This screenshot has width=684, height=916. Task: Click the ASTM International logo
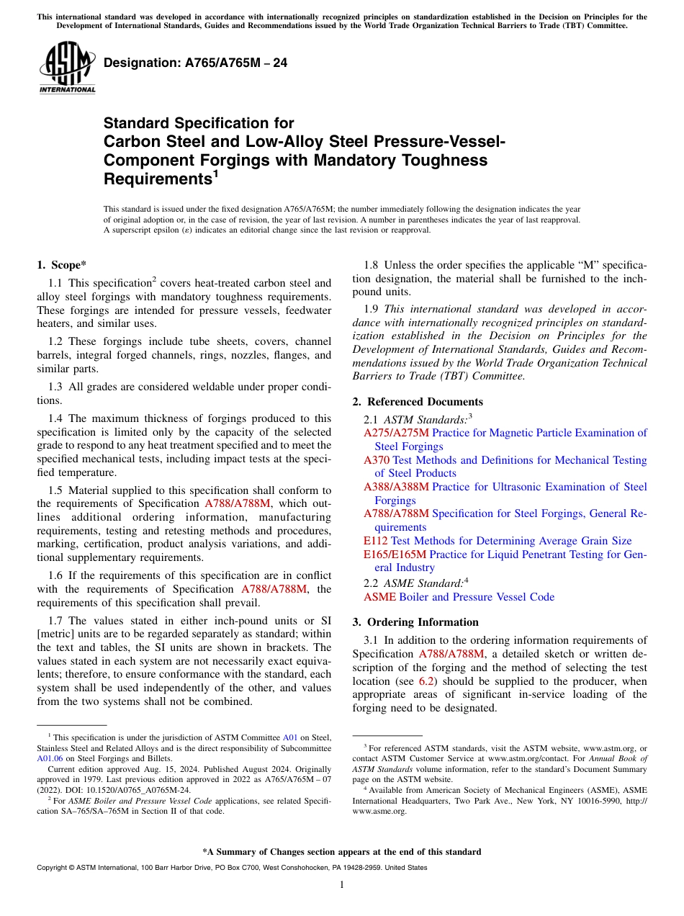67,68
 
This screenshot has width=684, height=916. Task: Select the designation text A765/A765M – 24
195,63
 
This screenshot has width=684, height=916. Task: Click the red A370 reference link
377,460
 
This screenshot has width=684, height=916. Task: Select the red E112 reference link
376,541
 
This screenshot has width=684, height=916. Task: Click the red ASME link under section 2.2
379,597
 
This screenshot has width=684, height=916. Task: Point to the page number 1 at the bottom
342,885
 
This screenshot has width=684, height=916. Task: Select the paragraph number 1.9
373,309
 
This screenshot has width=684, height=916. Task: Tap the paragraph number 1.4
57,418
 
